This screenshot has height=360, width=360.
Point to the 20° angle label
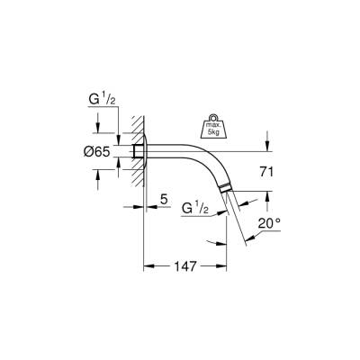pos(271,222)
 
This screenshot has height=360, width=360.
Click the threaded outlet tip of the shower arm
pos(225,190)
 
